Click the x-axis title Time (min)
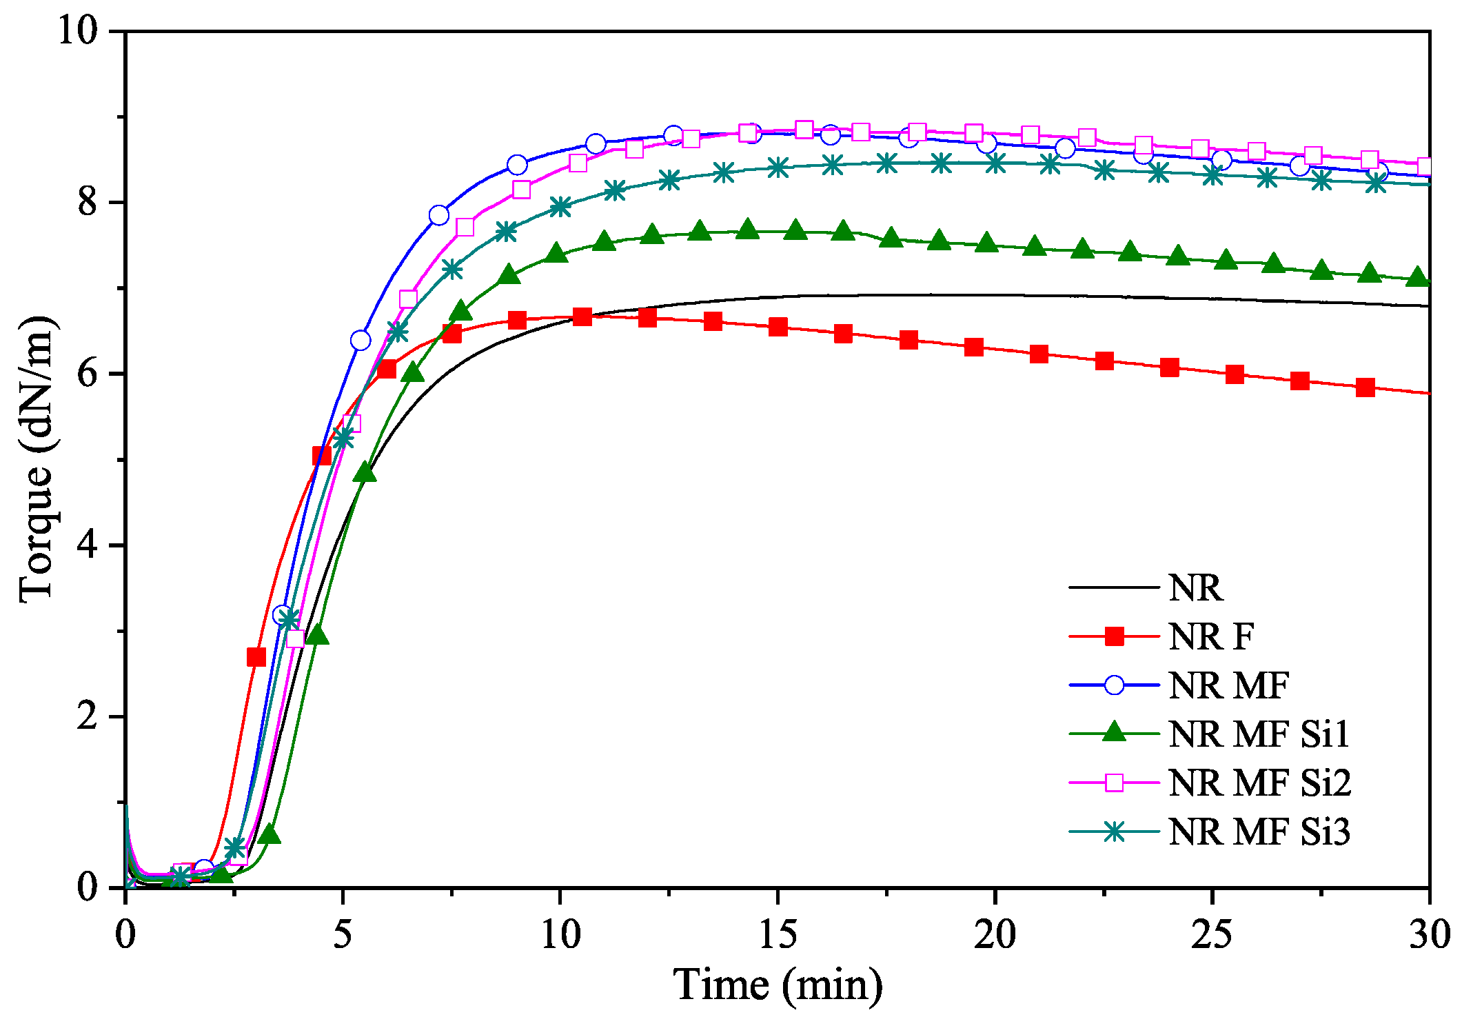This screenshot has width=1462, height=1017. click(x=778, y=984)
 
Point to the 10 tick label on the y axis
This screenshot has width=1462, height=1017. click(x=79, y=31)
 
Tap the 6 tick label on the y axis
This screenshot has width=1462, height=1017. click(x=88, y=374)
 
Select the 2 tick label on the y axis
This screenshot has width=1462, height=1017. click(x=88, y=716)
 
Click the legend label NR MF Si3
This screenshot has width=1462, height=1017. click(x=1259, y=832)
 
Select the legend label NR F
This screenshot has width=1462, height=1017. click(x=1211, y=636)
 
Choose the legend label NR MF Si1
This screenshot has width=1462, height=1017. click(x=1259, y=734)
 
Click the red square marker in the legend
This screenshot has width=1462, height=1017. click(x=1114, y=636)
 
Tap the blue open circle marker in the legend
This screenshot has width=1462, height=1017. click(x=1114, y=685)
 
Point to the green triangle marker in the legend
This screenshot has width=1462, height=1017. click(x=1114, y=732)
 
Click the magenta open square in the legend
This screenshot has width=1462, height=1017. click(x=1114, y=783)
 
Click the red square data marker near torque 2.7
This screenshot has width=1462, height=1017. click(x=256, y=657)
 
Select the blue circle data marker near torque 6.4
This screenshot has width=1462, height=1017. click(x=361, y=341)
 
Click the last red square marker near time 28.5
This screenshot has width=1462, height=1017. click(x=1365, y=387)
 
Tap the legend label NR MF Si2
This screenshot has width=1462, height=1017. click(x=1259, y=783)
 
